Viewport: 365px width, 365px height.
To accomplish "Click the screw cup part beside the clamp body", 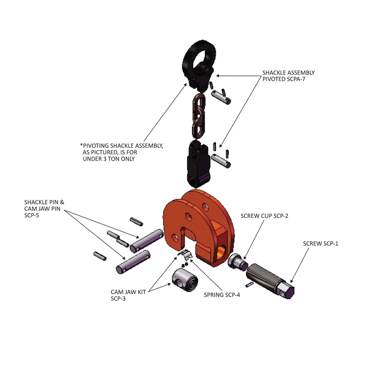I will click(237, 262).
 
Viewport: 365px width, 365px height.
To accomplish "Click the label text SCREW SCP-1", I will click(320, 243).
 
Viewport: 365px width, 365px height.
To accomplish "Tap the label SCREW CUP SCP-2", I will click(264, 216).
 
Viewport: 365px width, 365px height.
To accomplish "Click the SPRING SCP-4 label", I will click(222, 295).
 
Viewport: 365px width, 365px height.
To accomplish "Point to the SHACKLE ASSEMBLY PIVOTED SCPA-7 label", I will click(288, 76).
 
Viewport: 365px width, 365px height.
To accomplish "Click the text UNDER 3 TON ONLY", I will click(109, 159).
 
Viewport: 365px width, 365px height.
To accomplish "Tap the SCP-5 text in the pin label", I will click(32, 215).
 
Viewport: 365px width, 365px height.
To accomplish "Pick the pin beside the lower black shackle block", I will click(221, 159).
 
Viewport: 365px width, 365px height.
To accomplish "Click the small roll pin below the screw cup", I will click(250, 284).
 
